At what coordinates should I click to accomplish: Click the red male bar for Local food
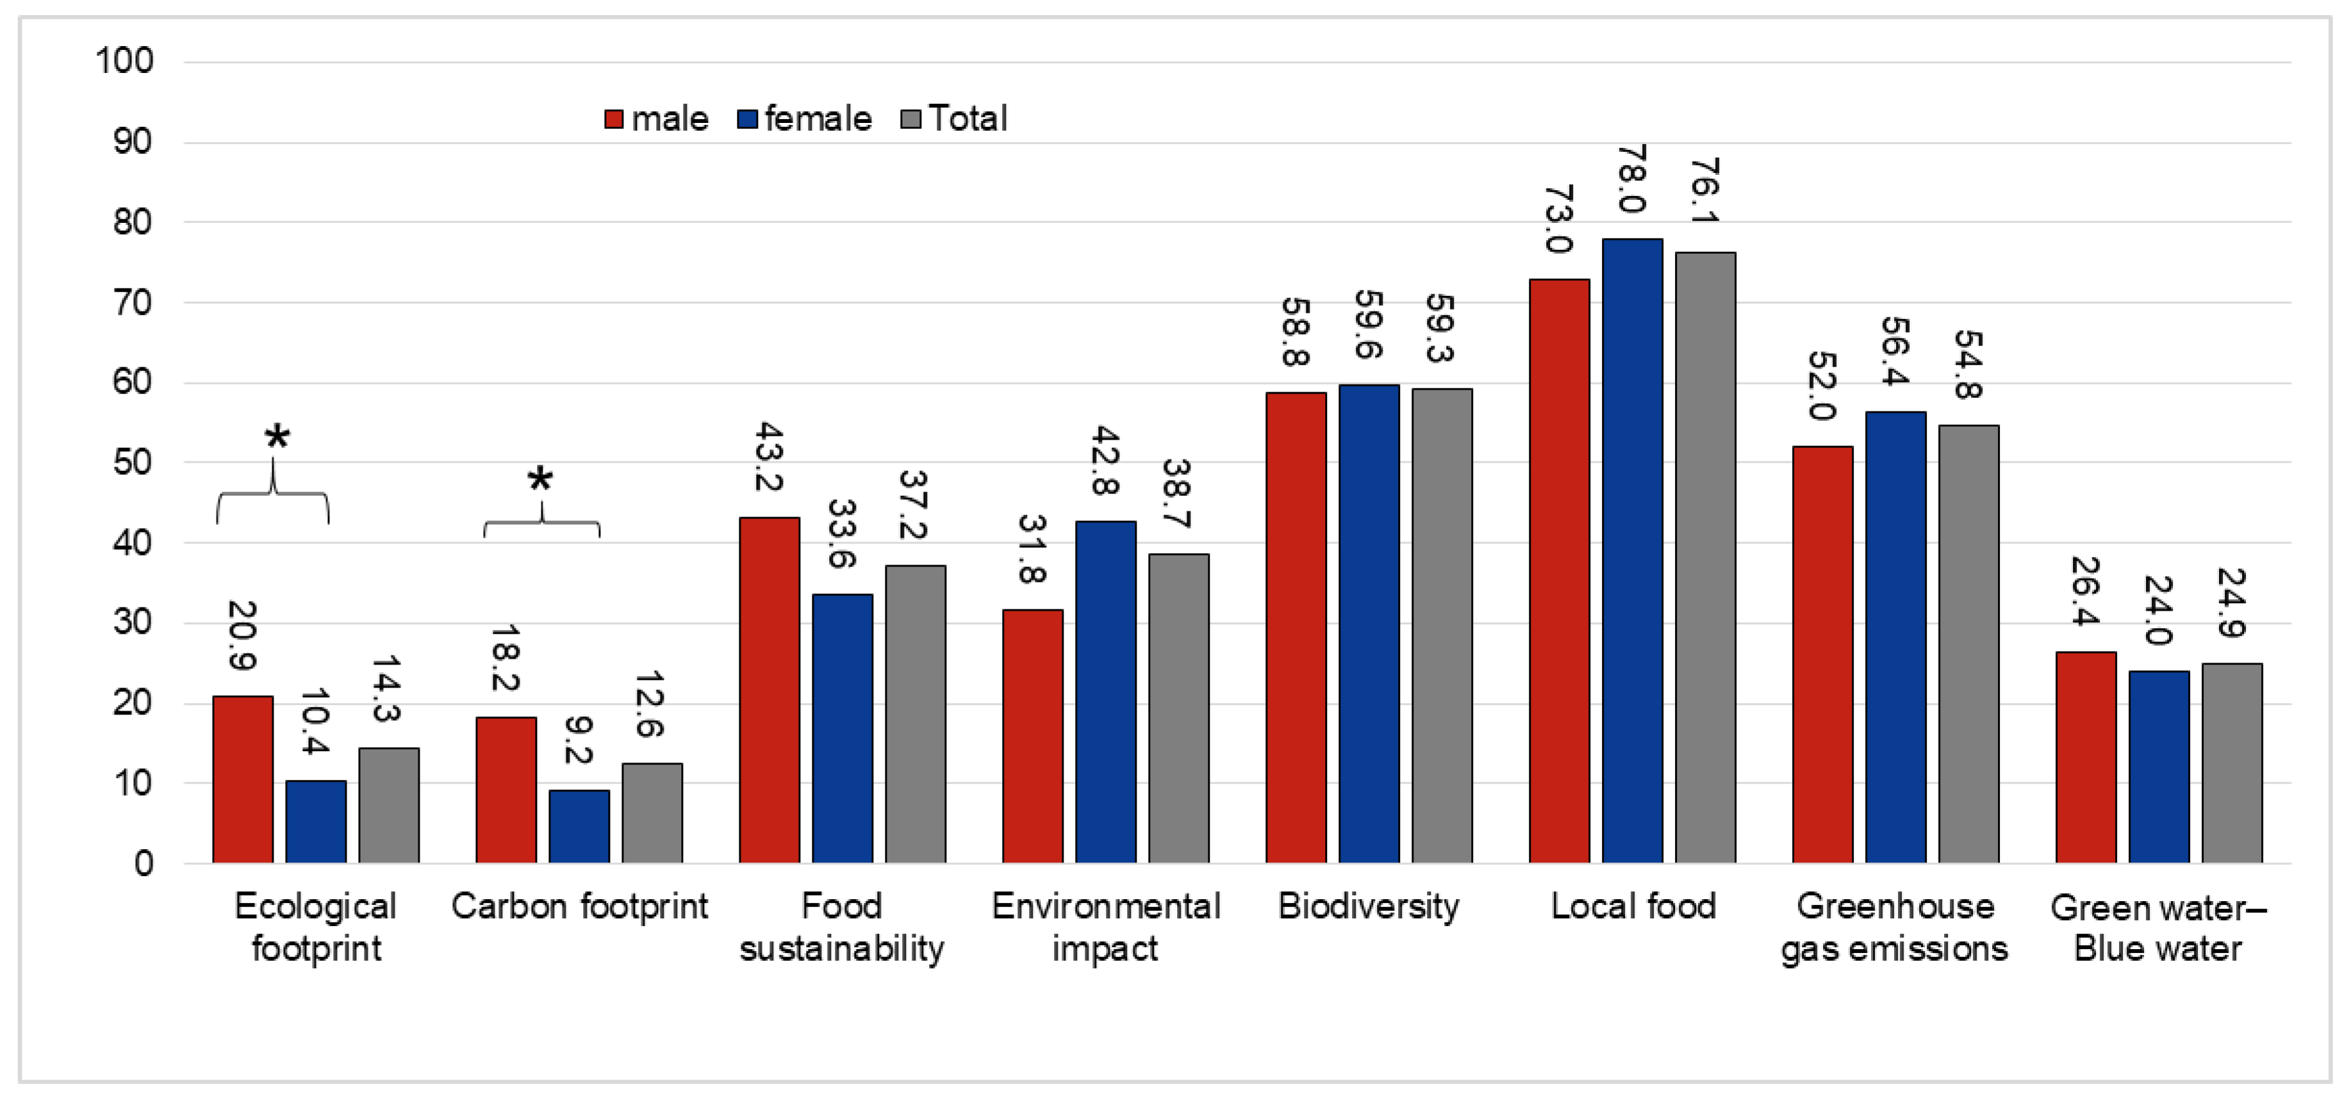click(1559, 571)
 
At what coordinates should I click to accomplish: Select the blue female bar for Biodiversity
click(1369, 623)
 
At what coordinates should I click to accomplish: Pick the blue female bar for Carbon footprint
click(579, 826)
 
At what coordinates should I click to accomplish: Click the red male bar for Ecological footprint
click(242, 779)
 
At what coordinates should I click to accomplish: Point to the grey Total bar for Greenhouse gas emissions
click(1968, 643)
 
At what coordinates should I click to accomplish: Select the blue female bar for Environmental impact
click(1106, 691)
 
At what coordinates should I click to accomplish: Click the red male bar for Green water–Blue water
click(2086, 757)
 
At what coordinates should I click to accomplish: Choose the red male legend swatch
click(614, 119)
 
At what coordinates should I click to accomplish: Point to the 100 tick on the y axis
click(125, 61)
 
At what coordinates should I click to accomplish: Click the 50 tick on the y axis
click(133, 462)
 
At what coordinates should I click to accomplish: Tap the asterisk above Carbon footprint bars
click(539, 479)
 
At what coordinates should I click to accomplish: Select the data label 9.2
click(579, 739)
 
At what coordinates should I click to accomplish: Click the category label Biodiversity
click(1367, 906)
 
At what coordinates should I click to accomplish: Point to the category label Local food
click(1632, 906)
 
